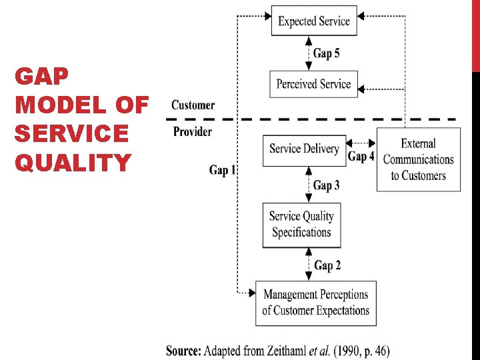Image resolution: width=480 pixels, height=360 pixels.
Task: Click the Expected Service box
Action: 314,21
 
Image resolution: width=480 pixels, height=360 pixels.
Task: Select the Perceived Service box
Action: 313,84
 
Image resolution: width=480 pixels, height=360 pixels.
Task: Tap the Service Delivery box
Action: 304,149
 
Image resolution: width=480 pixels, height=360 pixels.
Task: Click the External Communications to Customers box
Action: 418,160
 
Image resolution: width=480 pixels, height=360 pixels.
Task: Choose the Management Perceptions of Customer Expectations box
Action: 315,303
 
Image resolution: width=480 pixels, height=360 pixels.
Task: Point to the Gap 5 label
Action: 327,53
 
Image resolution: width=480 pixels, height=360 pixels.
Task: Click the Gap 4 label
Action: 361,157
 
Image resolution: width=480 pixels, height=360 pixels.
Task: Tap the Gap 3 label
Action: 327,185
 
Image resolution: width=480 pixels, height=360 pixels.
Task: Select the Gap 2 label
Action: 327,265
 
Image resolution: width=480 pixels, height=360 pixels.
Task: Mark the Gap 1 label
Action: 223,171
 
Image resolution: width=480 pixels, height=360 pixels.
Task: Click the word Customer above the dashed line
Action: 193,105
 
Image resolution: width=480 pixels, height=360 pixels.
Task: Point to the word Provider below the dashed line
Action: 193,131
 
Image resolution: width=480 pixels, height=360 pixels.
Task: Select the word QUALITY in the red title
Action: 73,162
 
